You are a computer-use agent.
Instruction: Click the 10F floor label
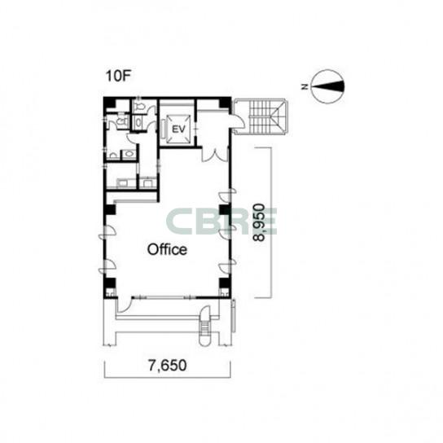pos(118,77)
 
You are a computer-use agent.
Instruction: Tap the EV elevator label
pos(178,129)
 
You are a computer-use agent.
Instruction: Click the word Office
pos(167,249)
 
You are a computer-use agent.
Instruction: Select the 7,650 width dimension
pos(167,366)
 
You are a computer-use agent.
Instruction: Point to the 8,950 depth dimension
pos(259,222)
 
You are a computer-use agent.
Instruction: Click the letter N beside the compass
pos(305,87)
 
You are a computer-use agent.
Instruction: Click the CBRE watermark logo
pos(221,221)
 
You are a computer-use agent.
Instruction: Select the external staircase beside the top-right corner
pos(261,116)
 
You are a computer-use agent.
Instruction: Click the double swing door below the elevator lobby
pos(215,154)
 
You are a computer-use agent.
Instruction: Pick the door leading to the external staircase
pos(237,121)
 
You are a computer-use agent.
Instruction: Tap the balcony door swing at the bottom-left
pos(125,305)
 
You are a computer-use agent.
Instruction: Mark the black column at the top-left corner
pos(110,103)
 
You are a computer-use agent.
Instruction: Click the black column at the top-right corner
pos(225,103)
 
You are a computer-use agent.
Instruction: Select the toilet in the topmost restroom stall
pos(139,106)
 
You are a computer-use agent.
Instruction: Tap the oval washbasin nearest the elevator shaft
pos(138,123)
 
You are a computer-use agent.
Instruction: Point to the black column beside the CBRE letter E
pos(226,210)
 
